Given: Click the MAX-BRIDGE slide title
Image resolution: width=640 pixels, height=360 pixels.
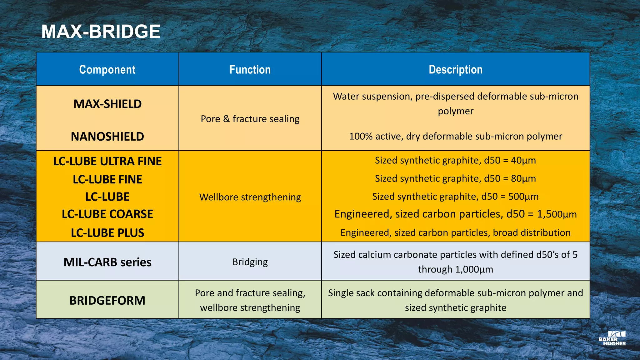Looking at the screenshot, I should click(101, 32).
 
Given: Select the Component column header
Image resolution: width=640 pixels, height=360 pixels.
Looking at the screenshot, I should click(107, 69).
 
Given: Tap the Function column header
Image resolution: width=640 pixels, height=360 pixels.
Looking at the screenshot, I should click(250, 69).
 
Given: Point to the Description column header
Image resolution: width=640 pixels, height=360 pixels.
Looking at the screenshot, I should click(455, 69).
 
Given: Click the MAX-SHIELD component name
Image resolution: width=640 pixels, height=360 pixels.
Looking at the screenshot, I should click(107, 104).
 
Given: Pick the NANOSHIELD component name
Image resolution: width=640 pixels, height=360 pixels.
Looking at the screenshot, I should click(107, 137).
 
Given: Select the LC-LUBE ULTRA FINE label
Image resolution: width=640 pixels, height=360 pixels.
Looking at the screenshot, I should click(107, 161).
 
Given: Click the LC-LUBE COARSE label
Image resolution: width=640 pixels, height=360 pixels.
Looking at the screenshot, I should click(107, 214).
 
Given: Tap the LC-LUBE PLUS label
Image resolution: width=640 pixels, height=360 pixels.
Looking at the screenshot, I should click(107, 233).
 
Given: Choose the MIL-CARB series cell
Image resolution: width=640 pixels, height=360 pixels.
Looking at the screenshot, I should click(107, 262).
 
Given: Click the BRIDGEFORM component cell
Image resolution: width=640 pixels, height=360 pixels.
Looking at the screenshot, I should click(107, 301).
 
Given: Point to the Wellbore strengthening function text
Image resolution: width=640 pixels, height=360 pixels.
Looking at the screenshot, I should click(250, 197).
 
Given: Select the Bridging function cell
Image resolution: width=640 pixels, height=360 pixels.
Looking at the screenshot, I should click(250, 262).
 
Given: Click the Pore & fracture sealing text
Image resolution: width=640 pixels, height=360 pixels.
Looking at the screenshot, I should click(250, 119).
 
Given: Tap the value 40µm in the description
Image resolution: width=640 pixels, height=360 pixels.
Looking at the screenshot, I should click(523, 161).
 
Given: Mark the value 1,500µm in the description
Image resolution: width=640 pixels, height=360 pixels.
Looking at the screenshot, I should click(557, 214).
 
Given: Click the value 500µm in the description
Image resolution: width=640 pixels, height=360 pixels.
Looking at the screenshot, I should click(523, 197).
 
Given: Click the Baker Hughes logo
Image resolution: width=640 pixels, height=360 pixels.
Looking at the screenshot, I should click(612, 338).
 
